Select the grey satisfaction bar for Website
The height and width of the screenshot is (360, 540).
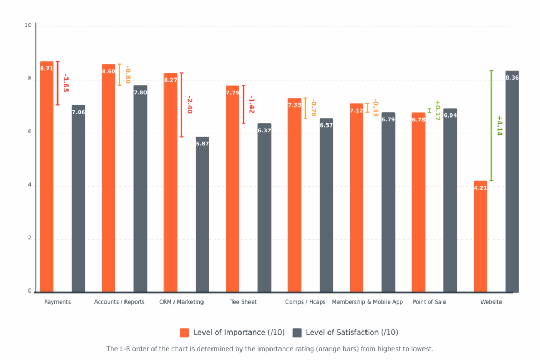512,184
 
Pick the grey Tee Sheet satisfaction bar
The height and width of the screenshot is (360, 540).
264,211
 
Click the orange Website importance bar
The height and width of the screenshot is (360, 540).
480,237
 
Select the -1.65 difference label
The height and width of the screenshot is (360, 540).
66,83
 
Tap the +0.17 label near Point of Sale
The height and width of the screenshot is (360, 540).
437,110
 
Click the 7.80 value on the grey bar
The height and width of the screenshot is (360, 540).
140,93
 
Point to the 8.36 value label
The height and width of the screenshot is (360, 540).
512,78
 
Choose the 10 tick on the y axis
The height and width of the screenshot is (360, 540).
28,25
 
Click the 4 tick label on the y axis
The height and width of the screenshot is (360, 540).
30,186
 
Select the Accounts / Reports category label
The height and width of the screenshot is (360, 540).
119,302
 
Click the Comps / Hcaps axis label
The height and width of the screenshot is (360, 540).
305,302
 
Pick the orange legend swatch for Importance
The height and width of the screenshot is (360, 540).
185,333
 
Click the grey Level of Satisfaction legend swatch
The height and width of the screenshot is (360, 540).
297,333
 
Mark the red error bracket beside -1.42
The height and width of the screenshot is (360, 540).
243,104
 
